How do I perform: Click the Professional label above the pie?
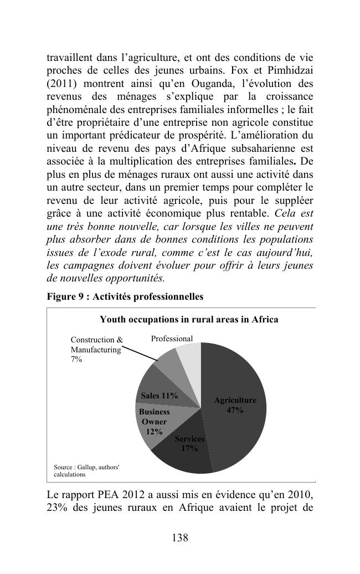click(x=172, y=339)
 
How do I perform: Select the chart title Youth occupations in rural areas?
click(x=189, y=319)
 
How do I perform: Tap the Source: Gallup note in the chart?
click(x=86, y=470)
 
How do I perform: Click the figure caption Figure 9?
click(x=125, y=296)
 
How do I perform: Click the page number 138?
click(x=180, y=537)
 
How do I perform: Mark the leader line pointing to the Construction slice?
click(x=139, y=354)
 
